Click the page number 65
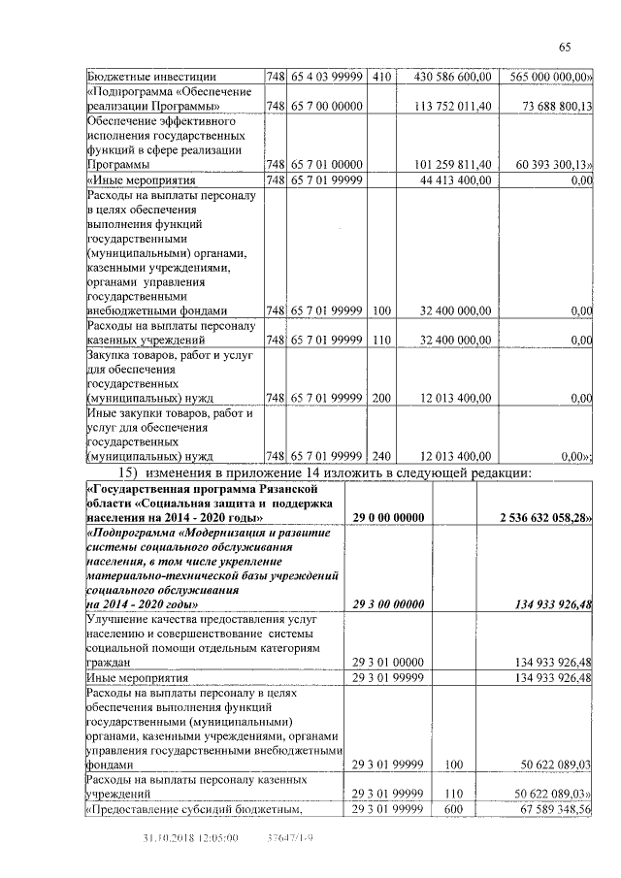point(565,49)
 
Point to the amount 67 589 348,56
point(550,809)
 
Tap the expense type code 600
point(451,809)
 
